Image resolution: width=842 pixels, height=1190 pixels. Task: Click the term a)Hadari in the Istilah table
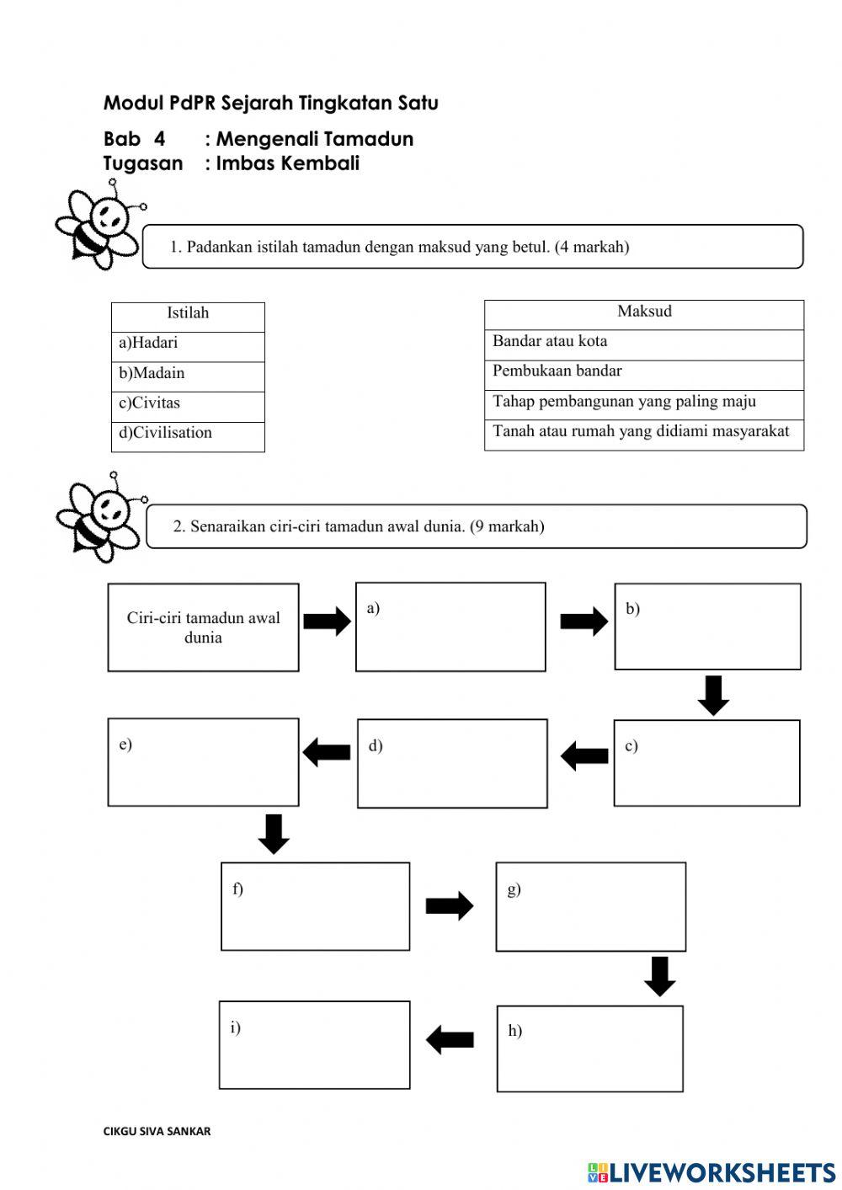pyautogui.click(x=187, y=344)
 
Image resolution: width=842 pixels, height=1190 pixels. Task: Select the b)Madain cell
pyautogui.click(x=187, y=374)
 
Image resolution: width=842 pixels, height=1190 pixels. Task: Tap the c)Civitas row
pyautogui.click(x=187, y=403)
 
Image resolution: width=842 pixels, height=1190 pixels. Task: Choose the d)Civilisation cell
pyautogui.click(x=187, y=434)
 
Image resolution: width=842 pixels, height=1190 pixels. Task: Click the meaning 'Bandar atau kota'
pyautogui.click(x=643, y=342)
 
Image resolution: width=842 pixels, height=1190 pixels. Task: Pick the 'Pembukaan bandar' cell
pyautogui.click(x=643, y=371)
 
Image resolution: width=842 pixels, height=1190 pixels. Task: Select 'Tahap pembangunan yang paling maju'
pyautogui.click(x=643, y=402)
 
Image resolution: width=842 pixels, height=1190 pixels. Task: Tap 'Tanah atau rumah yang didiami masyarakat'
pyautogui.click(x=643, y=432)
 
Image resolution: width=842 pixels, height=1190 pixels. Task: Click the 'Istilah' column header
pyautogui.click(x=187, y=313)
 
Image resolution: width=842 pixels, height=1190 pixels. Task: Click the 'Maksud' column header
pyautogui.click(x=643, y=312)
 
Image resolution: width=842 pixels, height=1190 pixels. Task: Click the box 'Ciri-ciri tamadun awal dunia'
pyautogui.click(x=203, y=627)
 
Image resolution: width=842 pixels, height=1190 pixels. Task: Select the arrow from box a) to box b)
pyautogui.click(x=584, y=622)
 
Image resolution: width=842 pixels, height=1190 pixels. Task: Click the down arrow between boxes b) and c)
pyautogui.click(x=713, y=695)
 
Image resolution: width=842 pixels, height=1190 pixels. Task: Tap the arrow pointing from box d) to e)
pyautogui.click(x=327, y=752)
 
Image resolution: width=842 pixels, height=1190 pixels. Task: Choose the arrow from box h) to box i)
pyautogui.click(x=450, y=1039)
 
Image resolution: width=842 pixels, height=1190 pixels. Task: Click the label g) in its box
pyautogui.click(x=514, y=889)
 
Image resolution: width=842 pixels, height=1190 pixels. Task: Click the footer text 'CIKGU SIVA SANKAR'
pyautogui.click(x=157, y=1131)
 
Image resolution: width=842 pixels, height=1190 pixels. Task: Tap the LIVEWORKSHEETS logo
pyautogui.click(x=711, y=1172)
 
